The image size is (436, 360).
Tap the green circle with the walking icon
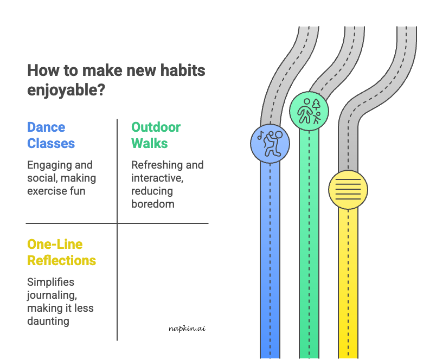point(309,111)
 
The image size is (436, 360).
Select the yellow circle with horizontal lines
point(348,190)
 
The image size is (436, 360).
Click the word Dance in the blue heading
point(46,127)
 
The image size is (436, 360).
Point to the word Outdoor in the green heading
point(156,127)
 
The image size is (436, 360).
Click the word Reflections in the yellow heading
point(61,260)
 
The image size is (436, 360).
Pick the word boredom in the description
point(152,204)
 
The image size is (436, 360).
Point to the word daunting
point(48,321)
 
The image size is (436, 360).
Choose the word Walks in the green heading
point(149,144)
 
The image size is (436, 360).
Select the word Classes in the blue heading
point(51,144)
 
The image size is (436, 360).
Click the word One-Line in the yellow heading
point(55,244)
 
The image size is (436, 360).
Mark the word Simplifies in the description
point(50,282)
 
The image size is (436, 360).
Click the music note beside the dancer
point(261,136)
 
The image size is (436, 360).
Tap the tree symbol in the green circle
point(317,104)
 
